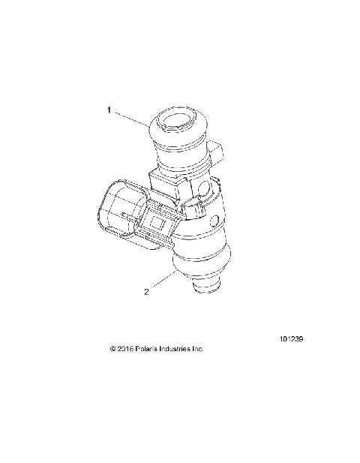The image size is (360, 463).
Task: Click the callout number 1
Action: [x=109, y=110]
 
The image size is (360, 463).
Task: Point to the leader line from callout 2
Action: [x=163, y=281]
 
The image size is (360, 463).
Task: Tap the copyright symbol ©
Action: [x=113, y=349]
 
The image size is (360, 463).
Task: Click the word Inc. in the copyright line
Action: [x=199, y=349]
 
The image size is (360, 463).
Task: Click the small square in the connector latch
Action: [x=158, y=222]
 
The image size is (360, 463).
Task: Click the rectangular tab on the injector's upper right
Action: [x=217, y=153]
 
